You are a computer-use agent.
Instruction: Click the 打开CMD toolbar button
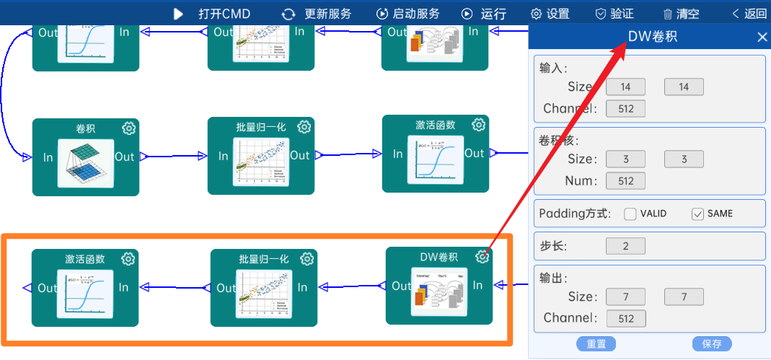click(213, 14)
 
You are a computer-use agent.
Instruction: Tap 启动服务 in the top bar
click(408, 14)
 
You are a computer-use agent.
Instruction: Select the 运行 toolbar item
click(484, 14)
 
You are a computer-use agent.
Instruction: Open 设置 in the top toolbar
click(550, 14)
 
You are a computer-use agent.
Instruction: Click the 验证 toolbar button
click(614, 14)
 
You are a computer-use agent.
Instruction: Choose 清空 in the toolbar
click(681, 14)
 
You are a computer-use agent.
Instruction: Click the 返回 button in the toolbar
click(749, 14)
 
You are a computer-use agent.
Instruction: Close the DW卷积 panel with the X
click(762, 38)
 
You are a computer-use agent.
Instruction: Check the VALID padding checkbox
click(630, 214)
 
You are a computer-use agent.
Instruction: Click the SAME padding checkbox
click(697, 214)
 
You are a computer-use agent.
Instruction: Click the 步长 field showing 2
click(625, 246)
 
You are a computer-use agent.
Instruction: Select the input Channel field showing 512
click(625, 109)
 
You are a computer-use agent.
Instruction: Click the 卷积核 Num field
click(625, 181)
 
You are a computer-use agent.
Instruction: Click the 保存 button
click(712, 343)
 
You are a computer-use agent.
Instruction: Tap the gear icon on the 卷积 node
click(129, 128)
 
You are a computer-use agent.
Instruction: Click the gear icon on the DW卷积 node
click(483, 256)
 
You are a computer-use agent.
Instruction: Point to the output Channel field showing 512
click(626, 318)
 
